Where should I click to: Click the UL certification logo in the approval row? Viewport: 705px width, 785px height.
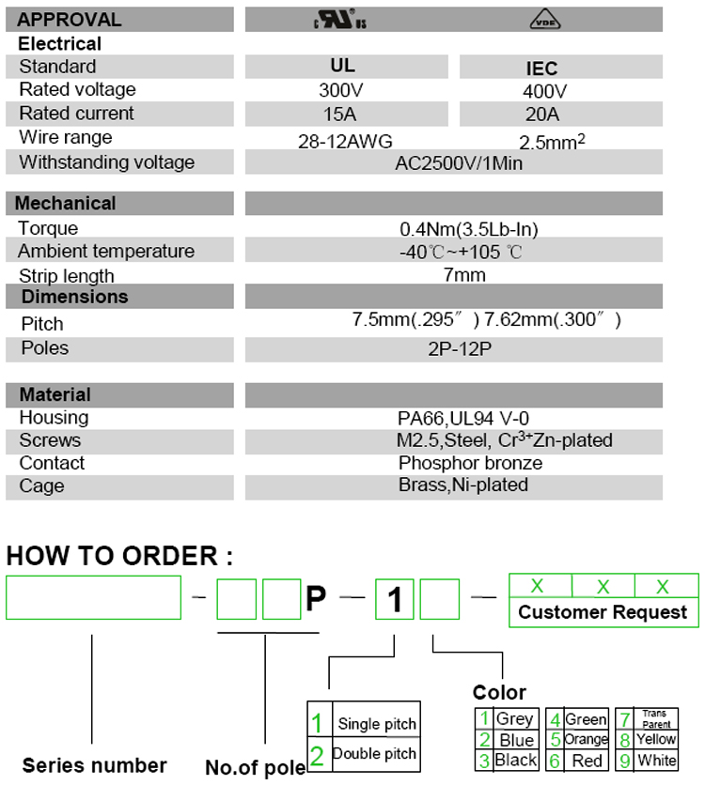pyautogui.click(x=337, y=19)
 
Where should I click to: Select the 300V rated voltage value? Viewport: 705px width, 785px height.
pyautogui.click(x=342, y=91)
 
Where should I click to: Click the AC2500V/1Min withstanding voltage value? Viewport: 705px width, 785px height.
pyautogui.click(x=459, y=162)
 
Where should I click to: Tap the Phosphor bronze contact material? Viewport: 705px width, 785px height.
pyautogui.click(x=470, y=463)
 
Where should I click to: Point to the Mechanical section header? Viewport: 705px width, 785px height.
pyautogui.click(x=66, y=204)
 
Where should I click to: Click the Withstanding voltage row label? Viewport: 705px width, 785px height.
pyautogui.click(x=106, y=162)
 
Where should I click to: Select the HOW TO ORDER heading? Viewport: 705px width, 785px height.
pyautogui.click(x=119, y=556)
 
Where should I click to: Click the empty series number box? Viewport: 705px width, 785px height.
pyautogui.click(x=94, y=597)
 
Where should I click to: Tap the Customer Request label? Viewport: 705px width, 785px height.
pyautogui.click(x=603, y=612)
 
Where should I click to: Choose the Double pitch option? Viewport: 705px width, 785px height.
pyautogui.click(x=374, y=754)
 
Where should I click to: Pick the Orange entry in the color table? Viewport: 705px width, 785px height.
pyautogui.click(x=586, y=740)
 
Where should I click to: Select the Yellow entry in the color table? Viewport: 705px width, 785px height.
pyautogui.click(x=655, y=739)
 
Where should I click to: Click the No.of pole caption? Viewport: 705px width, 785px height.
pyautogui.click(x=255, y=768)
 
